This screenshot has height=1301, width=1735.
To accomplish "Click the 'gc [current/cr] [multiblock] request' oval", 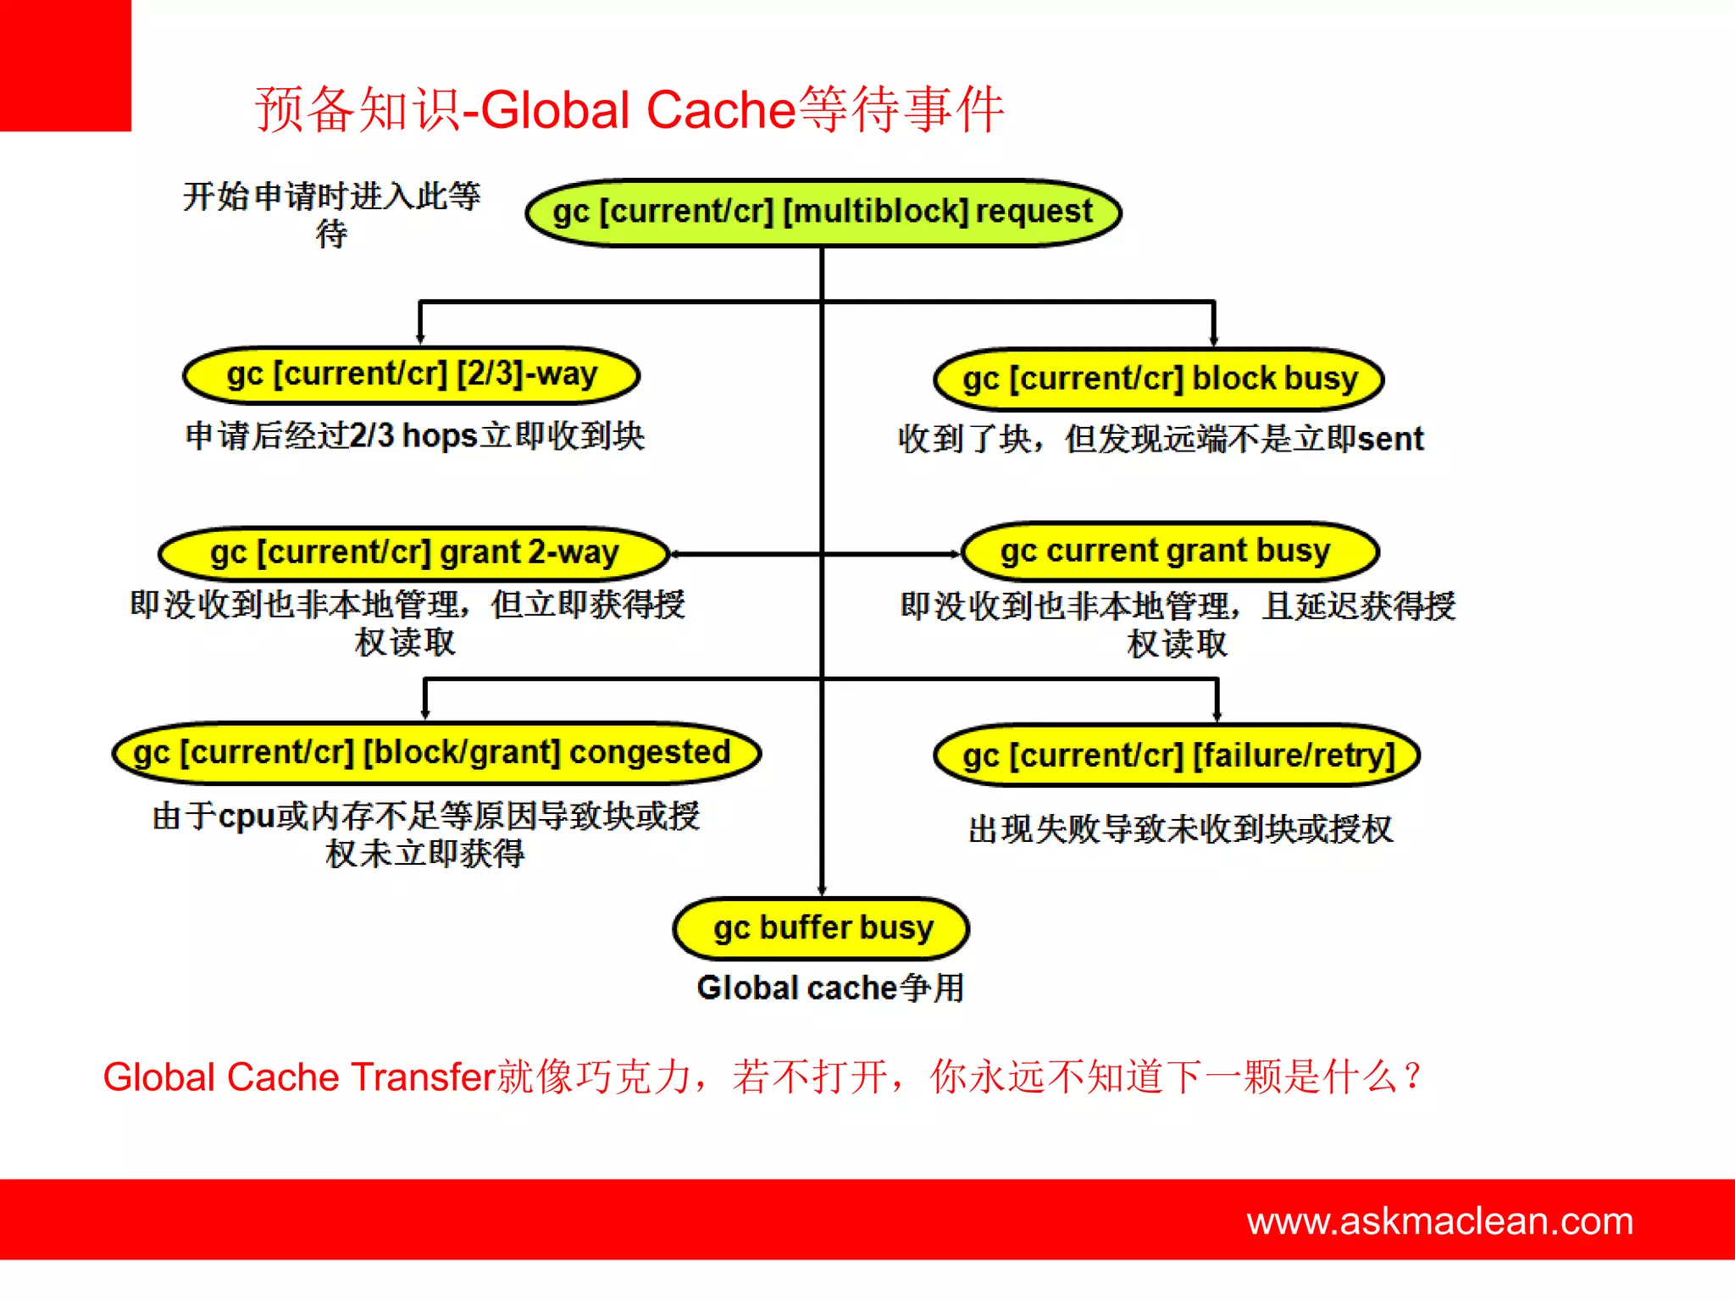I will [x=823, y=212].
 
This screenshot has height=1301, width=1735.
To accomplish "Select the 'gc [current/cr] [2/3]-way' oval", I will [x=412, y=375].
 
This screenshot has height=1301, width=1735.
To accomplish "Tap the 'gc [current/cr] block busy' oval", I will [x=1158, y=379].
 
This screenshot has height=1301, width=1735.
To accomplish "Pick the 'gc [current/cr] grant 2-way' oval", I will [x=414, y=553].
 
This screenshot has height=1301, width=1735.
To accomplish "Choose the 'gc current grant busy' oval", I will [x=1169, y=551].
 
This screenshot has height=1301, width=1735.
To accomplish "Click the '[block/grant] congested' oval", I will [x=436, y=753].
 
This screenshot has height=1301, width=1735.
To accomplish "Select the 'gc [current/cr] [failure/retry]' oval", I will [x=1177, y=756].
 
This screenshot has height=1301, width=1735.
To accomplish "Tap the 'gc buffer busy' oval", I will [x=821, y=928].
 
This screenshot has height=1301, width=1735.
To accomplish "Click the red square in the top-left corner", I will [x=65, y=65].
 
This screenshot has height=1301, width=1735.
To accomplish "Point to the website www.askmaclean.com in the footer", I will [x=1439, y=1221].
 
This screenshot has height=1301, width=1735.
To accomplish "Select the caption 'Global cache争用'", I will [x=830, y=988].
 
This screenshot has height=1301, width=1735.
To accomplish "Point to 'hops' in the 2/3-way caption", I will [x=440, y=436].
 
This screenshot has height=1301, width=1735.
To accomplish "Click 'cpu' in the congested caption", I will [x=247, y=817].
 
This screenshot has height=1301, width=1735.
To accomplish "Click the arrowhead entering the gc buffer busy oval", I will [x=822, y=891].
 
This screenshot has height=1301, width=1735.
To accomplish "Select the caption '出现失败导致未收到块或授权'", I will [x=1180, y=829].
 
